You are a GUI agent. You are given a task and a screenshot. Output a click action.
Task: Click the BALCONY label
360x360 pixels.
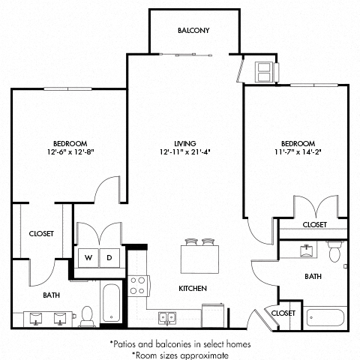tap(193, 31)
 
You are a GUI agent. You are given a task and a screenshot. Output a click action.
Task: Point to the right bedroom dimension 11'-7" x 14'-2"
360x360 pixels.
tap(298, 152)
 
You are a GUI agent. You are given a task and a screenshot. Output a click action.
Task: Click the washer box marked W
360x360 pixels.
tap(88, 257)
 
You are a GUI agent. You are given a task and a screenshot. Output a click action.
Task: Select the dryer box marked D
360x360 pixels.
tap(109, 257)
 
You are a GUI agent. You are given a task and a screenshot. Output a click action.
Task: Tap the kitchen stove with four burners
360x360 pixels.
tap(138, 285)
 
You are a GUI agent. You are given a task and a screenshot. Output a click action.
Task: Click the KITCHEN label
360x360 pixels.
tap(193, 289)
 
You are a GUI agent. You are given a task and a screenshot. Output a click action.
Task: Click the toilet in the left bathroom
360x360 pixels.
tap(88, 315)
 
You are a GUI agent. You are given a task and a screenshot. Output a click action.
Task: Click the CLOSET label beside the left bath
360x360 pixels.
tap(41, 234)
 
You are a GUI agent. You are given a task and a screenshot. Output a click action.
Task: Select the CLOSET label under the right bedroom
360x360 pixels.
tap(314, 225)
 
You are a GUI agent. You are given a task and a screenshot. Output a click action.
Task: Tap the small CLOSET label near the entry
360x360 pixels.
tap(282, 312)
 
